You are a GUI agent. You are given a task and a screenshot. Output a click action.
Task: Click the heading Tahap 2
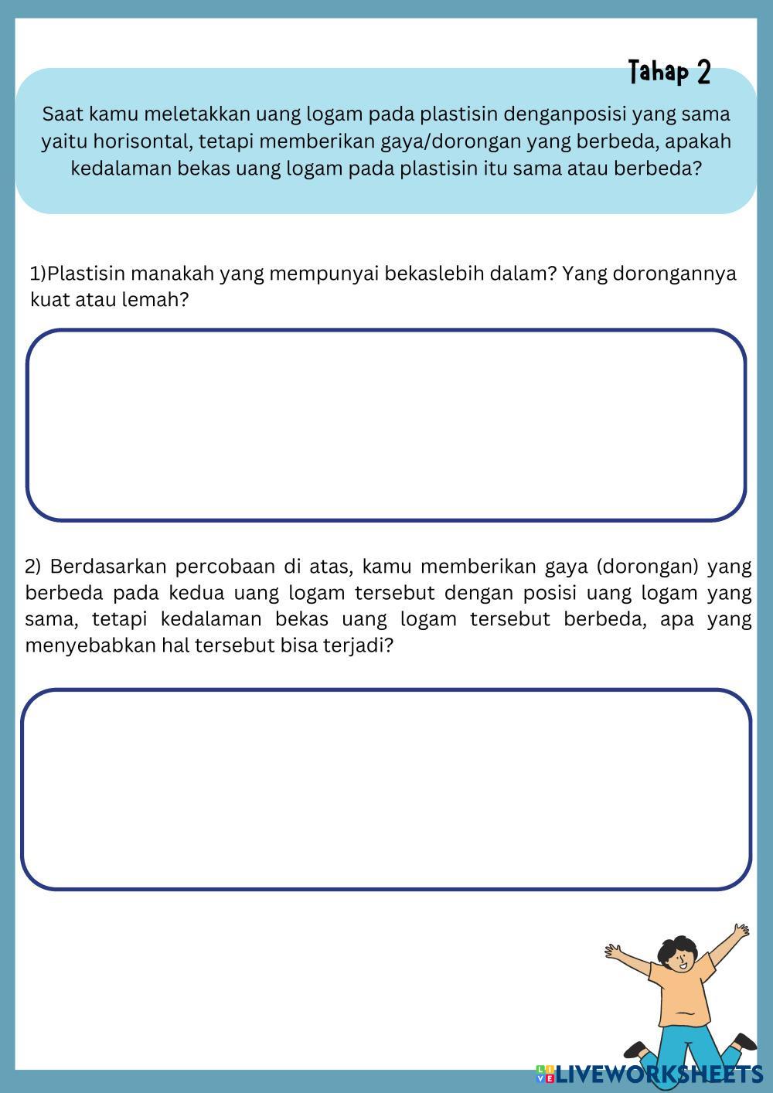[x=669, y=73]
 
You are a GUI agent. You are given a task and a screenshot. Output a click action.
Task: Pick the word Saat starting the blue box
[x=63, y=114]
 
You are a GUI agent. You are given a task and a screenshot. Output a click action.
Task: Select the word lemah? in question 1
[x=155, y=300]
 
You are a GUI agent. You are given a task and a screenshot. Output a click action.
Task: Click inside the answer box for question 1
[x=386, y=425]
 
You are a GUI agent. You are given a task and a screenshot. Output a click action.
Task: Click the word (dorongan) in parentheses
[x=648, y=567]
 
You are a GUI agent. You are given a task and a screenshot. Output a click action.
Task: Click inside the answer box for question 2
[x=386, y=788]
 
